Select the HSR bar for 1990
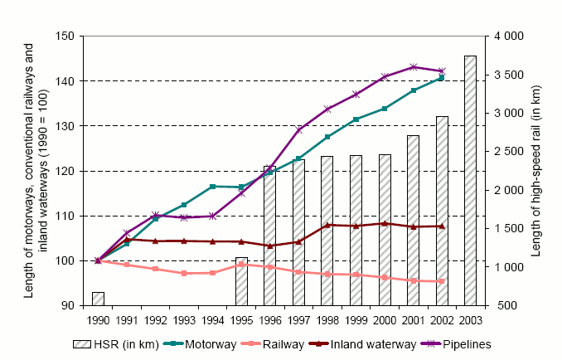pyautogui.click(x=98, y=299)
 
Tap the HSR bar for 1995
pyautogui.click(x=241, y=281)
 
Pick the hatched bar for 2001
pyautogui.click(x=413, y=221)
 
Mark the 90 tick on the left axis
pyautogui.click(x=72, y=306)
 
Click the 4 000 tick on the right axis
pyautogui.click(x=509, y=36)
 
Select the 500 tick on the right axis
pyautogui.click(x=504, y=306)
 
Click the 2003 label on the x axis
pyautogui.click(x=470, y=319)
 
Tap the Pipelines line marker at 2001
pyautogui.click(x=413, y=66)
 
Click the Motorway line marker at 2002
pyautogui.click(x=442, y=77)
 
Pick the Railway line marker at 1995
pyautogui.click(x=241, y=264)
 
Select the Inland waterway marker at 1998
pyautogui.click(x=327, y=225)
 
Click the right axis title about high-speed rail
pyautogui.click(x=545, y=171)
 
